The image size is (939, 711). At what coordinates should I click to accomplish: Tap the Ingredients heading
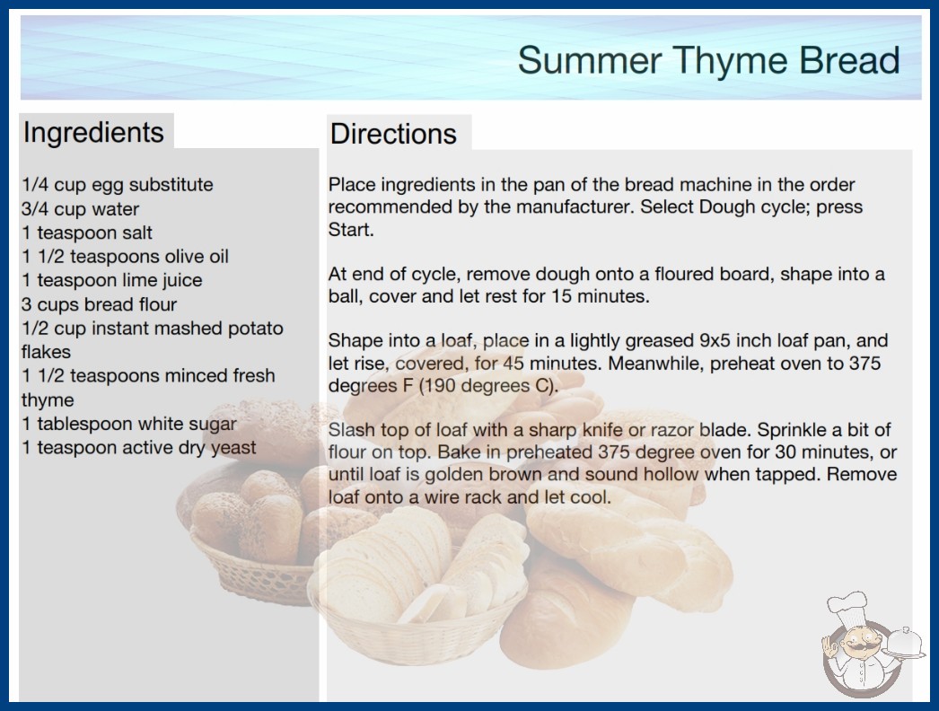pyautogui.click(x=93, y=133)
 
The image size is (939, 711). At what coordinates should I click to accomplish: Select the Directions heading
pyautogui.click(x=393, y=134)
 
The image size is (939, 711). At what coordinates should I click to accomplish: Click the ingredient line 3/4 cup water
pyautogui.click(x=80, y=209)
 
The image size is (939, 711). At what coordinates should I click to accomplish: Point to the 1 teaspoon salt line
pyautogui.click(x=87, y=233)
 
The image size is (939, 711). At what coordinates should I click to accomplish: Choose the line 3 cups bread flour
pyautogui.click(x=99, y=304)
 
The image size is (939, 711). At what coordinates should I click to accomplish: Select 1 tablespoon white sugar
pyautogui.click(x=129, y=424)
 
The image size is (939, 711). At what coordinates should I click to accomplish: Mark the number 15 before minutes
pyautogui.click(x=562, y=296)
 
